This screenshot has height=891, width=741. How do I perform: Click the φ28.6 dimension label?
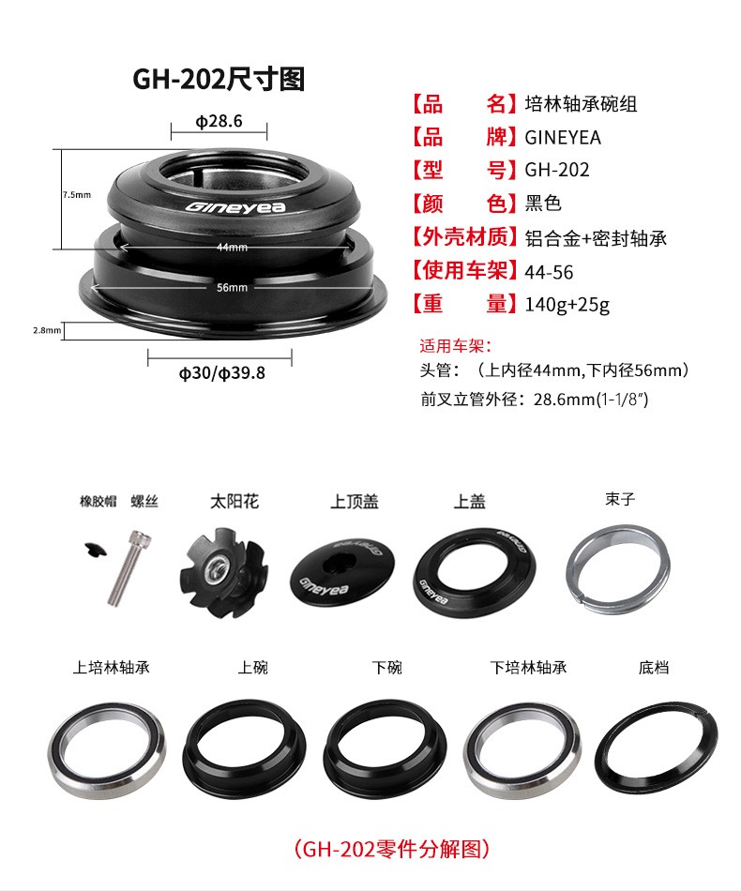pyautogui.click(x=219, y=121)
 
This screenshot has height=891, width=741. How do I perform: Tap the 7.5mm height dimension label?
pyautogui.click(x=77, y=195)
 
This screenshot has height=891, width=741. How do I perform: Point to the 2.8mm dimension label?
pyautogui.click(x=47, y=330)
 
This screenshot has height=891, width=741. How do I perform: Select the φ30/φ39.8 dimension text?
pyautogui.click(x=222, y=373)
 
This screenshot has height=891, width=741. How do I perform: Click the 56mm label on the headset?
pyautogui.click(x=232, y=288)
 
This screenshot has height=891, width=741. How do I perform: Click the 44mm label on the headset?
pyautogui.click(x=232, y=248)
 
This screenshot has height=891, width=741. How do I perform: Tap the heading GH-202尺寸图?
pyautogui.click(x=219, y=79)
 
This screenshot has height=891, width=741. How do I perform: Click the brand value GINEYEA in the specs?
pyautogui.click(x=563, y=138)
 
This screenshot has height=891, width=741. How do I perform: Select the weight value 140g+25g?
pyautogui.click(x=567, y=305)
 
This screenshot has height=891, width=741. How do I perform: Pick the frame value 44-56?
pyautogui.click(x=549, y=272)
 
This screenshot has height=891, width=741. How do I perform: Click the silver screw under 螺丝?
pyautogui.click(x=129, y=567)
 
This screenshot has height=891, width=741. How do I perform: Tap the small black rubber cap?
pyautogui.click(x=96, y=550)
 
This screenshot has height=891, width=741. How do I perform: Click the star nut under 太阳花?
pyautogui.click(x=222, y=571)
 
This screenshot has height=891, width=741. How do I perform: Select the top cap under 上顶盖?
pyautogui.click(x=342, y=571)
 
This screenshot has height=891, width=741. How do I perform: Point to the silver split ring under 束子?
pyautogui.click(x=618, y=568)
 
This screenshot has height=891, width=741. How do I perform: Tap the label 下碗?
pyautogui.click(x=387, y=667)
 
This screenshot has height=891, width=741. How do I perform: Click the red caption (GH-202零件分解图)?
pyautogui.click(x=392, y=849)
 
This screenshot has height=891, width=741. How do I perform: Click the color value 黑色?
pyautogui.click(x=543, y=203)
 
